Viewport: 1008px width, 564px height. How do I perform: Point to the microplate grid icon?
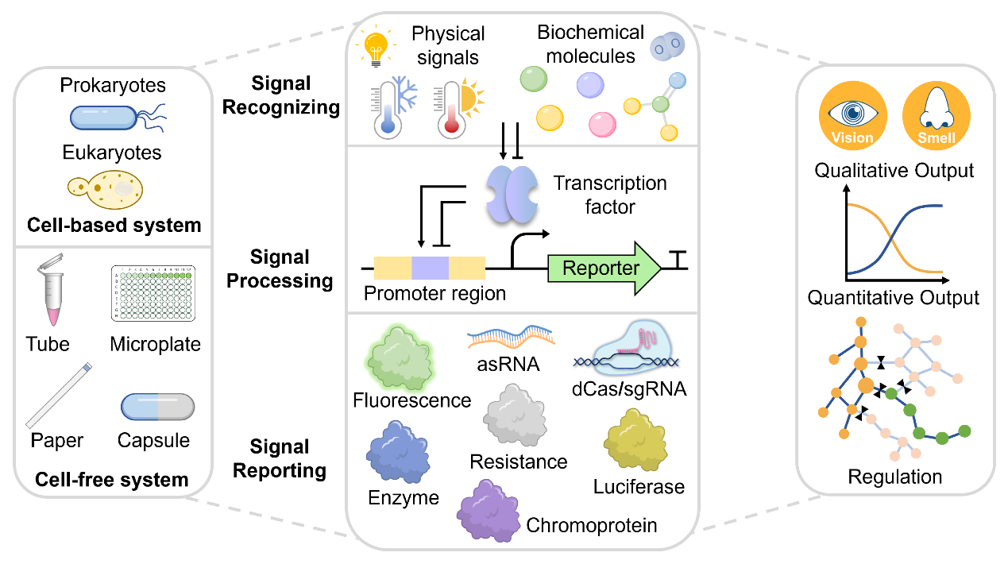pyautogui.click(x=155, y=293)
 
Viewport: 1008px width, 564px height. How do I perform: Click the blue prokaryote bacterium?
pyautogui.click(x=105, y=117)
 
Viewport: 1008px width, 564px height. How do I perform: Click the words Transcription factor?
pyautogui.click(x=610, y=195)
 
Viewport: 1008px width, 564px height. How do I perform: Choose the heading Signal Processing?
pyautogui.click(x=280, y=268)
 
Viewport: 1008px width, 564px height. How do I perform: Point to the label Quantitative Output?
pyautogui.click(x=894, y=298)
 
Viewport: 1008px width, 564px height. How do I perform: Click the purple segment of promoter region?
pyautogui.click(x=430, y=268)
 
